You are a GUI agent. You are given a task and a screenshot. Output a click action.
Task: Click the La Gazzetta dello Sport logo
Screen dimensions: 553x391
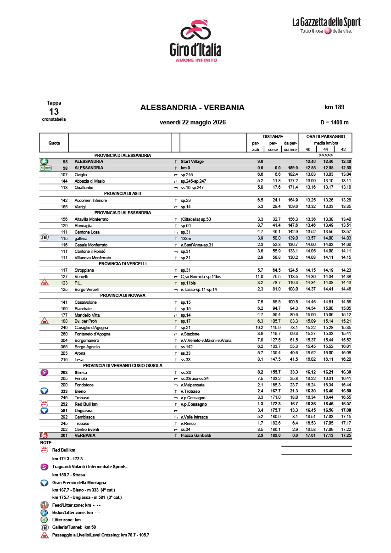pos(326,26)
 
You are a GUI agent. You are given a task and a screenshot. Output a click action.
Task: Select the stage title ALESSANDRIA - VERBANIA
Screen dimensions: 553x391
pos(192,108)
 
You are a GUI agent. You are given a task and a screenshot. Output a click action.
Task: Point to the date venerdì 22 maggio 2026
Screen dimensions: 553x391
pos(193,123)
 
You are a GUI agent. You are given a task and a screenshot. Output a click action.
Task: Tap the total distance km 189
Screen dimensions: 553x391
pos(334,107)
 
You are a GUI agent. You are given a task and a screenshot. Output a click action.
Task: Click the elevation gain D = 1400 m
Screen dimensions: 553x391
pos(334,123)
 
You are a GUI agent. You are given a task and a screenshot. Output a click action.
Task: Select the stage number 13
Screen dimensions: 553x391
pos(54,112)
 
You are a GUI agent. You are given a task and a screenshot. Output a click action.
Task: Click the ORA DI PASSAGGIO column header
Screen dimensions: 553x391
pos(325,137)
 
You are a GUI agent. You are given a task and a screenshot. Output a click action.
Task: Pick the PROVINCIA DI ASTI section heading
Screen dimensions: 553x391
pos(123,194)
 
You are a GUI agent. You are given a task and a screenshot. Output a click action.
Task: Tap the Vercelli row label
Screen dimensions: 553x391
pos(81,277)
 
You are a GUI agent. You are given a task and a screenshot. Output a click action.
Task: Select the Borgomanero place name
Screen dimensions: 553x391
pos(87,340)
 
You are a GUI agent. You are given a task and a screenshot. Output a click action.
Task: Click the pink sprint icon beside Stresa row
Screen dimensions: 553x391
pos(45,372)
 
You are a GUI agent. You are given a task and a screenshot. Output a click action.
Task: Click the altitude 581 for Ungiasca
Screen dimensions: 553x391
pos(64,410)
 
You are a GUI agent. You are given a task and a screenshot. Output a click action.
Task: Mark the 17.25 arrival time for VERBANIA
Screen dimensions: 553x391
pos(346,436)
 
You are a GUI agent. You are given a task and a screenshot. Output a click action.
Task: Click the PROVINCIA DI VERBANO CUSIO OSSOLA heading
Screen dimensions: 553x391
pos(123,366)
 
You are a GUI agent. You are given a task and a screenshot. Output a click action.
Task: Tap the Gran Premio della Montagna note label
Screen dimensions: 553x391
pos(80,483)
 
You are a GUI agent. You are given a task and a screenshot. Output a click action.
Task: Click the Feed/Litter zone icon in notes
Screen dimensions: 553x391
pos(45,505)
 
